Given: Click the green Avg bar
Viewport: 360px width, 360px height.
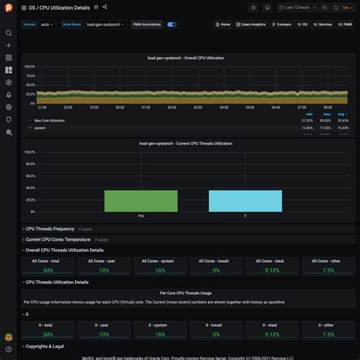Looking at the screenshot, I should pyautogui.click(x=130, y=201).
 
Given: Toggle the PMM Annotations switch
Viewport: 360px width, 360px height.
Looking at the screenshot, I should pyautogui.click(x=172, y=24).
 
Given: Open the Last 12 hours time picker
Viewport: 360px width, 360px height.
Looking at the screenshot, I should pyautogui.click(x=298, y=7).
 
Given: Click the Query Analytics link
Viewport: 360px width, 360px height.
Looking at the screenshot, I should pyautogui.click(x=251, y=24).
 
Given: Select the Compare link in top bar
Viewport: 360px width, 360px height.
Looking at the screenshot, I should pyautogui.click(x=282, y=24).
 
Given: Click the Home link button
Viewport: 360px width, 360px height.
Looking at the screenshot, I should pyautogui.click(x=223, y=24).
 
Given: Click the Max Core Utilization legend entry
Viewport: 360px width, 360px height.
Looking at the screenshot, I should pyautogui.click(x=49, y=120).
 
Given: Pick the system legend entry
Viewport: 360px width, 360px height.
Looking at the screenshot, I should pyautogui.click(x=39, y=128).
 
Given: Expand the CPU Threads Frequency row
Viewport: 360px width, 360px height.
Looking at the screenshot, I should pyautogui.click(x=50, y=229).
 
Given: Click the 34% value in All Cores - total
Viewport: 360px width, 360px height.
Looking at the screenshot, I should pyautogui.click(x=48, y=270).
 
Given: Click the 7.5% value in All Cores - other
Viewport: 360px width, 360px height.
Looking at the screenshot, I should pyautogui.click(x=328, y=270).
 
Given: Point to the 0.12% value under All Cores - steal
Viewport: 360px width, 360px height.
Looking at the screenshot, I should pyautogui.click(x=272, y=270).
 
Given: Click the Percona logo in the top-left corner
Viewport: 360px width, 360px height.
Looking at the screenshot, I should pyautogui.click(x=8, y=8).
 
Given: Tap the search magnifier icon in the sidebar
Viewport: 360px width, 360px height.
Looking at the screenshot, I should pyautogui.click(x=8, y=33).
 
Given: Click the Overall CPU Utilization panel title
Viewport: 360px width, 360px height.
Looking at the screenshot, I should pyautogui.click(x=186, y=58).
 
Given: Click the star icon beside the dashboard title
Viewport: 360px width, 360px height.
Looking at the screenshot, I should pyautogui.click(x=96, y=7).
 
